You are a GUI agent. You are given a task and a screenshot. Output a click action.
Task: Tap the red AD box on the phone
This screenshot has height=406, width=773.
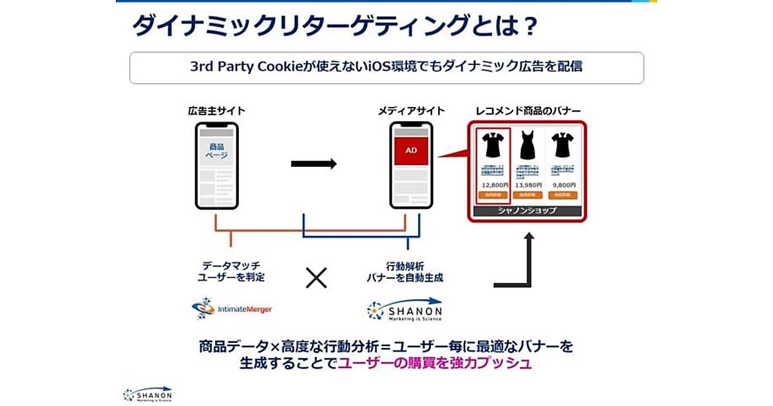coord(411,151)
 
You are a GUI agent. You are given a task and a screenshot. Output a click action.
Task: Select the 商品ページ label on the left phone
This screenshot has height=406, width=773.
coord(216,151)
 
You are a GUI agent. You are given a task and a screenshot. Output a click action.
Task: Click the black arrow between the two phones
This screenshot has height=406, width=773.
coord(314,164)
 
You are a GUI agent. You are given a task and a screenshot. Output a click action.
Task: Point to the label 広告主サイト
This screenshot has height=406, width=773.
coord(216,111)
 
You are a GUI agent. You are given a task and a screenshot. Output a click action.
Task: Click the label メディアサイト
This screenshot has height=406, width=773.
coord(411,111)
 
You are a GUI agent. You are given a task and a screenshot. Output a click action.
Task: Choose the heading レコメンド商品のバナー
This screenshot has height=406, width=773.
coord(527,111)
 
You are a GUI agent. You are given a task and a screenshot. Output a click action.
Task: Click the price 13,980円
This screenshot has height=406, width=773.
coord(528,185)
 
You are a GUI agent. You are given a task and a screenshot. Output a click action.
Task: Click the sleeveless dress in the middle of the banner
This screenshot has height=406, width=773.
coord(528,145)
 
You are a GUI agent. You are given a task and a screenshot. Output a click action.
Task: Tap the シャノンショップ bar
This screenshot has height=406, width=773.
coord(528,211)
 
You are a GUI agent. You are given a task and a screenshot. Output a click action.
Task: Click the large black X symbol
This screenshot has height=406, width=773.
coord(316,278)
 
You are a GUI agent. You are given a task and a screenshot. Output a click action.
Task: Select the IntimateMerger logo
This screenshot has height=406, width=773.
coord(232,309)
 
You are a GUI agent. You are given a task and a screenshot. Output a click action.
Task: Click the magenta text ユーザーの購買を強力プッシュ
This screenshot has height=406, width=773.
coord(435,363)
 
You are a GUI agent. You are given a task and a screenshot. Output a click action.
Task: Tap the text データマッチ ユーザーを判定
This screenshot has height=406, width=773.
coord(231,271)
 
